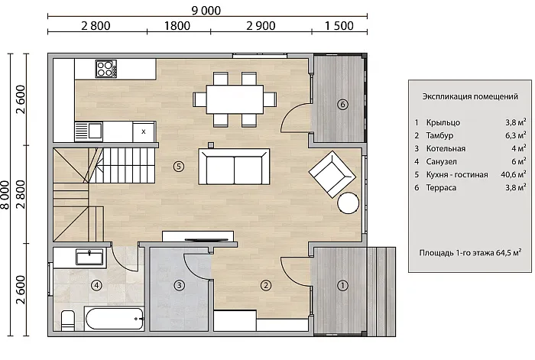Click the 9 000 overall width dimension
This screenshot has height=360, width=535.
[206, 11]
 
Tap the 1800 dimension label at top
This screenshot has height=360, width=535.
[177, 25]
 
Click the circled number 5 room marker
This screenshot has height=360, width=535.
[179, 166]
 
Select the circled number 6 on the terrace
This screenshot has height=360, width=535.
[342, 104]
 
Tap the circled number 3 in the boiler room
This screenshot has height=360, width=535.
[179, 285]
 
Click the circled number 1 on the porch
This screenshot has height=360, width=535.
[342, 285]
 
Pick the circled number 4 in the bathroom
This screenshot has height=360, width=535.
[97, 284]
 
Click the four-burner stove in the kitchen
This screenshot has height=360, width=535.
[105, 69]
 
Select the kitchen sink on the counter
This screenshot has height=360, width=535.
[89, 131]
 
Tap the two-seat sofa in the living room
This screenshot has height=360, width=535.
[234, 167]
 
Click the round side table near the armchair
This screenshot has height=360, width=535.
[348, 203]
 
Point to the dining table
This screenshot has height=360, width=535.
[235, 99]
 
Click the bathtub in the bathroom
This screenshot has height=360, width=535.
[115, 319]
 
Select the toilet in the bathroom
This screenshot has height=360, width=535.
[68, 320]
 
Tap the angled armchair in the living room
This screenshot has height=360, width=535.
[332, 174]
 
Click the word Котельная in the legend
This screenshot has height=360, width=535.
[446, 148]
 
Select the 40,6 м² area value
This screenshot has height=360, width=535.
[513, 174]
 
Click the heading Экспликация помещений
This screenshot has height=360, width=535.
[470, 96]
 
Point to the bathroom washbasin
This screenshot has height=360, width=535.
[89, 257]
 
